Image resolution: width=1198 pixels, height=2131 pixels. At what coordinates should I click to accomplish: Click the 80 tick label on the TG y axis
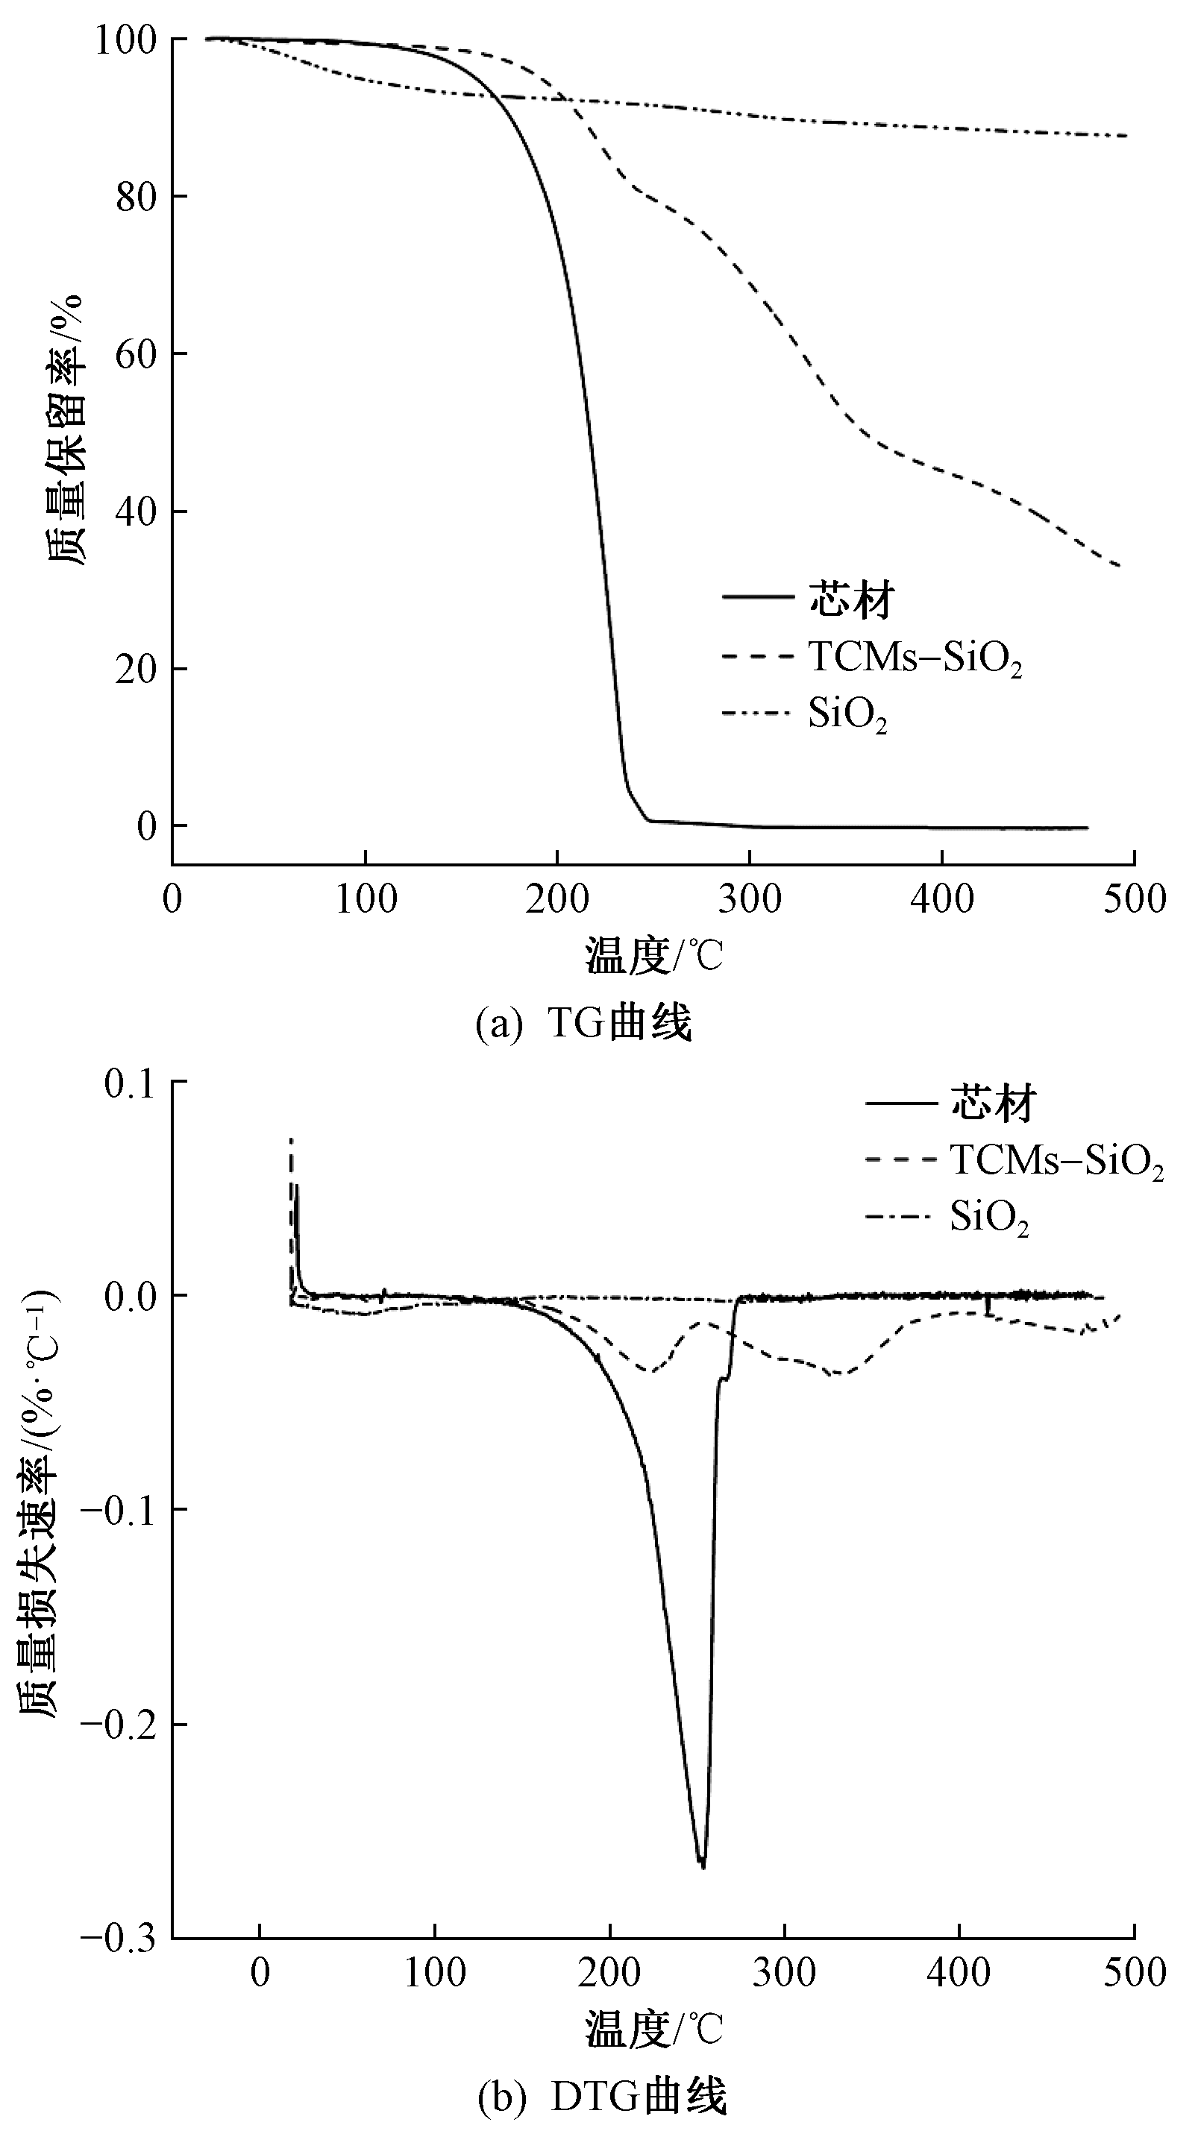pyautogui.click(x=136, y=198)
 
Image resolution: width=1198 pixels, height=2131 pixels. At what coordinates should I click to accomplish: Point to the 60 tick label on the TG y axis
pyautogui.click(x=136, y=355)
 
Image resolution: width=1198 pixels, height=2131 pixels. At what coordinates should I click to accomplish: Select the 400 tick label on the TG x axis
pyautogui.click(x=941, y=898)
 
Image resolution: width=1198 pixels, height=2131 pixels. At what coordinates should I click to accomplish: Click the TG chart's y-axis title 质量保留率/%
pyautogui.click(x=65, y=430)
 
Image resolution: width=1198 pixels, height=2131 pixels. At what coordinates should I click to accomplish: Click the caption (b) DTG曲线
pyautogui.click(x=602, y=2094)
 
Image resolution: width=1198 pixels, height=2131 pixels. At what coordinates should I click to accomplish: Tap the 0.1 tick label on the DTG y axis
pyautogui.click(x=131, y=1083)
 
